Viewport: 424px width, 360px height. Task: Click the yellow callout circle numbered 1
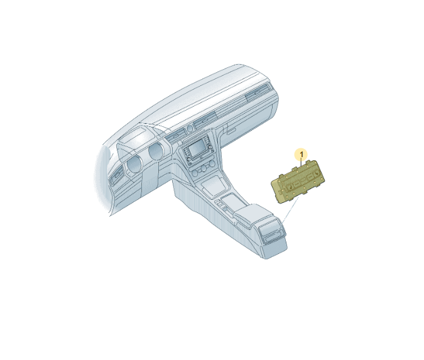(x=302, y=155)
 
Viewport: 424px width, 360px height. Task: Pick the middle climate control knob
(x=202, y=170)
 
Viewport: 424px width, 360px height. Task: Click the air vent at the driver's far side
(x=116, y=175)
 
